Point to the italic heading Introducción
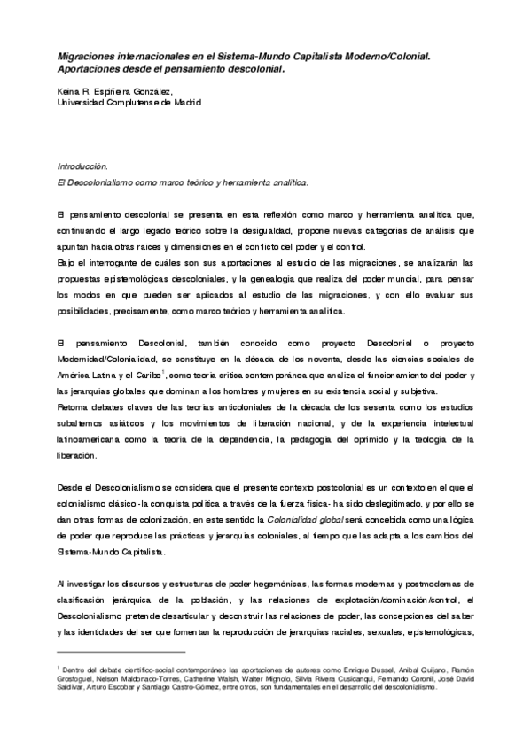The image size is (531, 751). click(82, 166)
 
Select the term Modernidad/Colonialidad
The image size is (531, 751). click(108, 359)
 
